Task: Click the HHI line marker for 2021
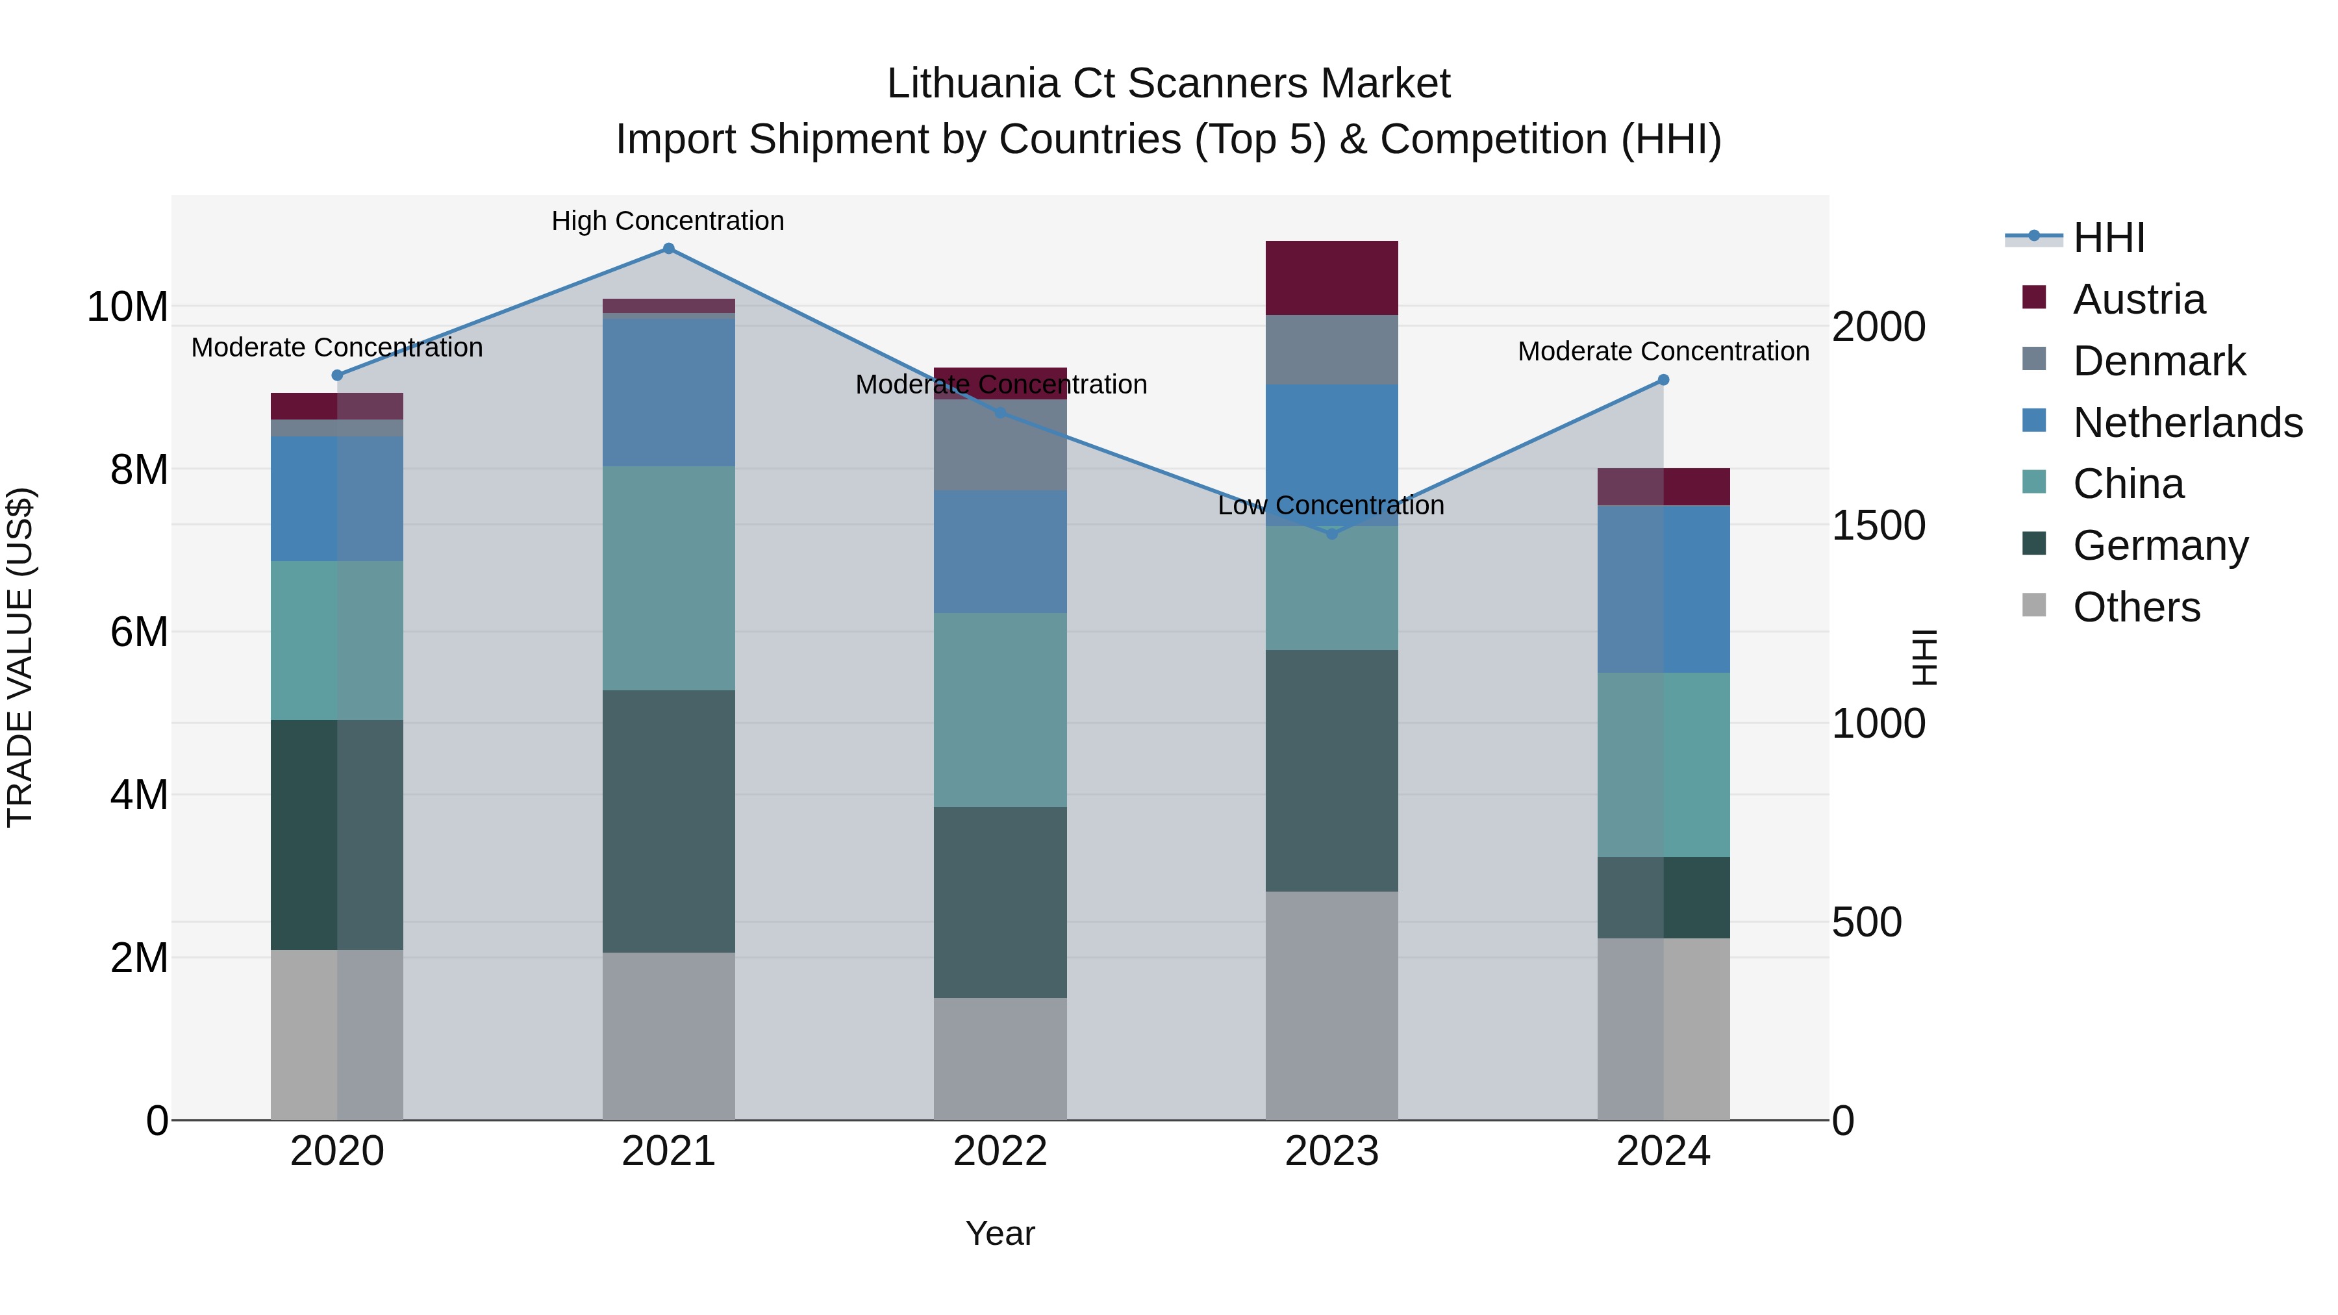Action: (x=668, y=249)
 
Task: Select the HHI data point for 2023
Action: (x=1331, y=534)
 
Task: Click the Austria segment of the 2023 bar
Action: (x=1331, y=278)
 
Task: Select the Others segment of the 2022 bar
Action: (x=1000, y=1058)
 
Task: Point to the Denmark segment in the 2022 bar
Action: (x=1000, y=445)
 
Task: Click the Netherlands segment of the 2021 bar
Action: (x=668, y=392)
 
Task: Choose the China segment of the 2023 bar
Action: (x=1331, y=588)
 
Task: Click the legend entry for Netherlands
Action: (x=2187, y=423)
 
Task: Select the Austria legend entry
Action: (x=2139, y=299)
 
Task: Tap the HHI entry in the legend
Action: (x=2108, y=238)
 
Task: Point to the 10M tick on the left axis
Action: (x=127, y=307)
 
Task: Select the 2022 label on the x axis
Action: (x=1000, y=1151)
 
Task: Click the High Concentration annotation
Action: (x=668, y=221)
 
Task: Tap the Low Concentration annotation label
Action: (x=1331, y=505)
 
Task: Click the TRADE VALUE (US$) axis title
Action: (x=20, y=657)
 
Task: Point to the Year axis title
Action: (x=1000, y=1233)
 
